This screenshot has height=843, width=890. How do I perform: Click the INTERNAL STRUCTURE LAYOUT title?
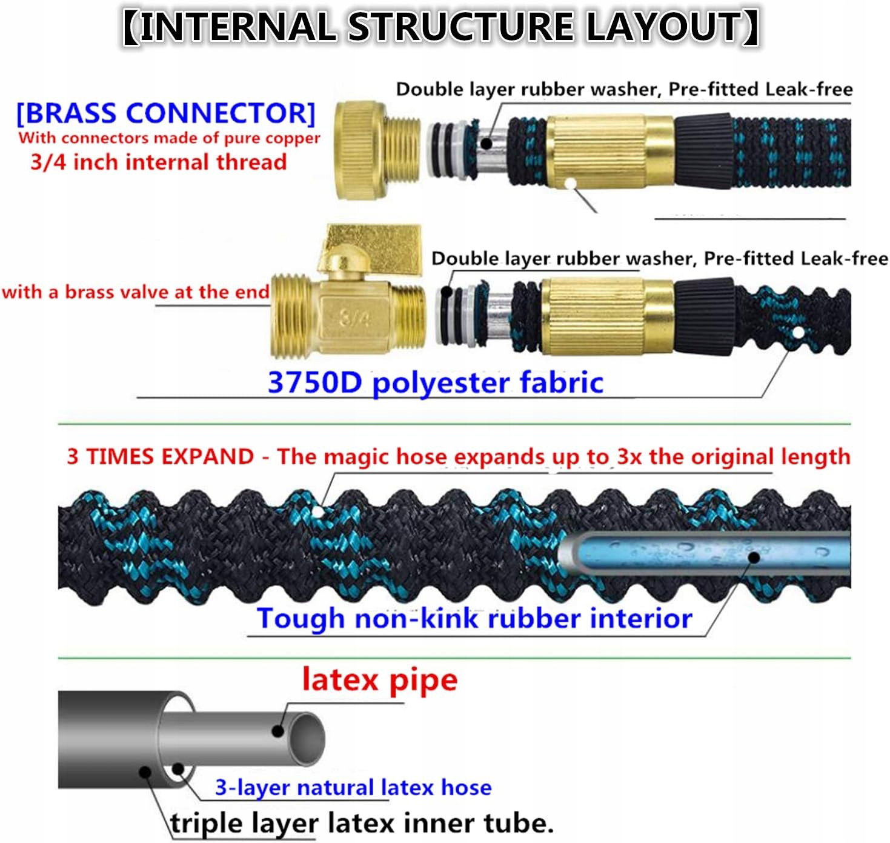(x=441, y=27)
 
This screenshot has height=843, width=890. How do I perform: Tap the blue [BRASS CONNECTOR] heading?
(x=165, y=113)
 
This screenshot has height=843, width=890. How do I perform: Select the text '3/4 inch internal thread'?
(x=159, y=162)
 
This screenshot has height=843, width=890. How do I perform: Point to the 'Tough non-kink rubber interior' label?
(x=474, y=618)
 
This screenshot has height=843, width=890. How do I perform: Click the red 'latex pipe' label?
(x=380, y=681)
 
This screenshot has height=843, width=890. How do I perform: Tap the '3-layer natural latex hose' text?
(x=353, y=787)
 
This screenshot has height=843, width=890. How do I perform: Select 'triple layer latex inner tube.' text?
(x=362, y=822)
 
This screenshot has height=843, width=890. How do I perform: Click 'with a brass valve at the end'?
(x=136, y=292)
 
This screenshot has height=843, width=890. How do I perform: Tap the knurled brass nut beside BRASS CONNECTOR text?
(x=360, y=150)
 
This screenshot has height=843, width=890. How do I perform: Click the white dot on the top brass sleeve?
(x=571, y=184)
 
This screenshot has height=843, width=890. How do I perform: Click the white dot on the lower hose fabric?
(x=799, y=333)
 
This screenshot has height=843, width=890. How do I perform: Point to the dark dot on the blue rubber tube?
(x=754, y=557)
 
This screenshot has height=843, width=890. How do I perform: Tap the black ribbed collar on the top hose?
(x=703, y=151)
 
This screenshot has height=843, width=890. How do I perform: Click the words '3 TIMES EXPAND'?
(x=161, y=456)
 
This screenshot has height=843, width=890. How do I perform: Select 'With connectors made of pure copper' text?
(x=169, y=138)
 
